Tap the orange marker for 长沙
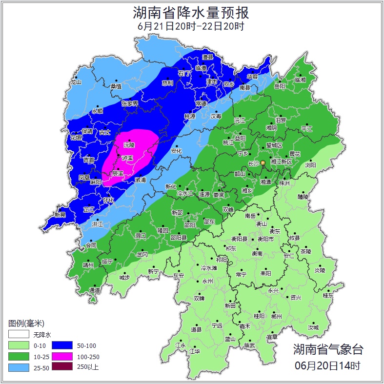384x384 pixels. point(263,162)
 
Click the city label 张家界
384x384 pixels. point(130,103)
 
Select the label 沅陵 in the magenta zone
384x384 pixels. point(129,145)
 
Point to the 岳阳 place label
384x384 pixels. point(280,86)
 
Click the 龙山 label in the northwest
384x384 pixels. point(76,82)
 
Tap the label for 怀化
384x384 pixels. point(109,200)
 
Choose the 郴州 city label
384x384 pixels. point(276,316)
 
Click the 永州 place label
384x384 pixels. point(208,282)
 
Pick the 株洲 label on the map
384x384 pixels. point(284,183)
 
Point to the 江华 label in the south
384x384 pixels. point(195,351)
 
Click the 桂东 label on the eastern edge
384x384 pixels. point(328,295)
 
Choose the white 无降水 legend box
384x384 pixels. point(19,335)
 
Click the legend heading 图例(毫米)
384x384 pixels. point(26,323)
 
